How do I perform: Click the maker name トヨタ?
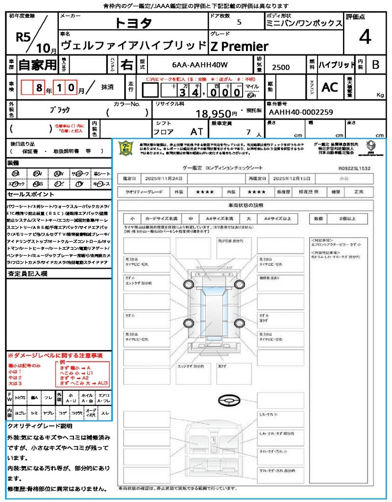pos(133,23)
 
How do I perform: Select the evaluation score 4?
pos(365,37)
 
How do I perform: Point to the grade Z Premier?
pos(239,47)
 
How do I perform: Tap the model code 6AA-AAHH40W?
pos(200,65)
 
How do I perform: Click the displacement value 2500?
pos(280,67)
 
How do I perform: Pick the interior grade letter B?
pos(375,65)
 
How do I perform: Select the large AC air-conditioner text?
pos(329,87)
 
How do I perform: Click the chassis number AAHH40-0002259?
pos(299,112)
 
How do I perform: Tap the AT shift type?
pos(197,132)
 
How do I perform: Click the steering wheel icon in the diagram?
pos(229,401)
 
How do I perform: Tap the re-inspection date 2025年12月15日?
pos(292,179)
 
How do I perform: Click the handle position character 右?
pos(126,65)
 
